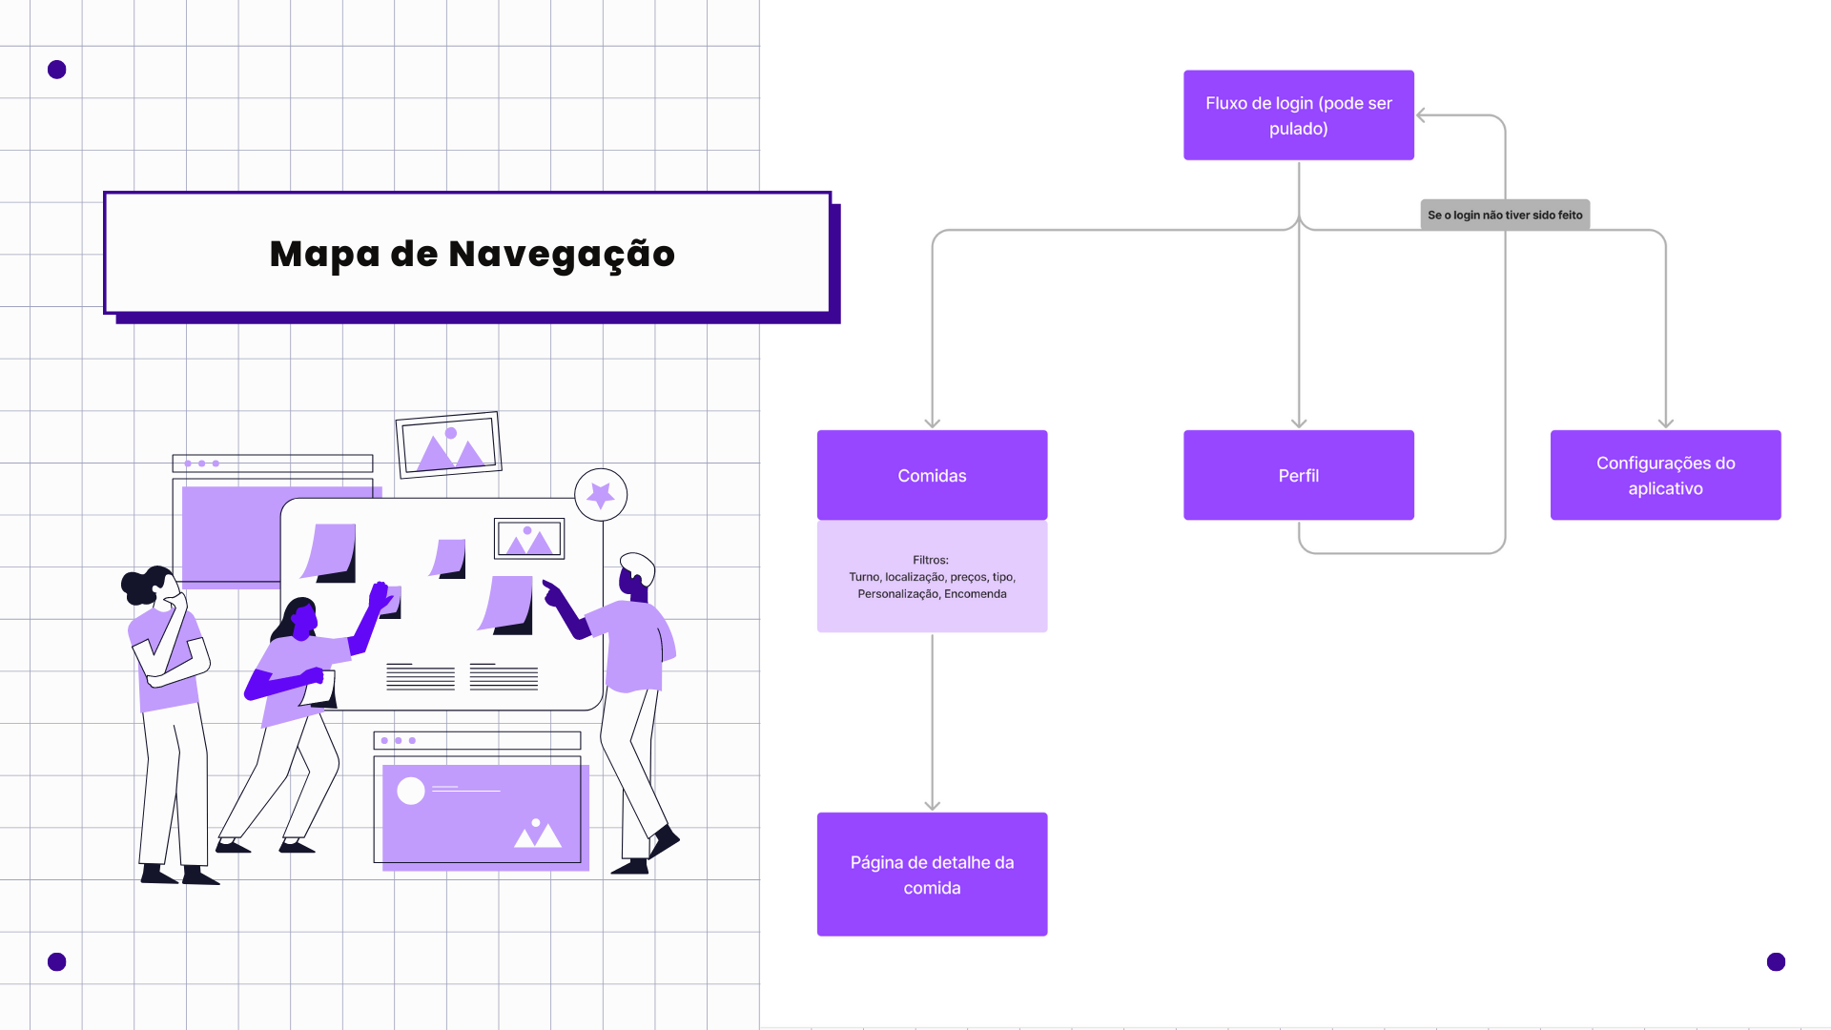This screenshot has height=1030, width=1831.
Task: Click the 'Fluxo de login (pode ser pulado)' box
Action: (1298, 115)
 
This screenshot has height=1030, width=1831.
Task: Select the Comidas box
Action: (932, 475)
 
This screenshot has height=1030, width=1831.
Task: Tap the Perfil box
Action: (1298, 475)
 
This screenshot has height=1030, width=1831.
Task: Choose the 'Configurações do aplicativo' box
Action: (1665, 475)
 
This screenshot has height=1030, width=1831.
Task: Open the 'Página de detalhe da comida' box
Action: (932, 874)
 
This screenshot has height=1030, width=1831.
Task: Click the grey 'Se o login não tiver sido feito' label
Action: (1505, 215)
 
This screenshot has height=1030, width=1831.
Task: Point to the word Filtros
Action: (930, 560)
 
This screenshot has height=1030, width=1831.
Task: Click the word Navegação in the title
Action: (562, 255)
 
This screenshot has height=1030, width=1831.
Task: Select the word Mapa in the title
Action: (324, 255)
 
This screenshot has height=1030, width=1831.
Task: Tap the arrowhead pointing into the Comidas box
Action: (932, 422)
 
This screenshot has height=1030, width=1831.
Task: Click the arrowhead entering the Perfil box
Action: (1298, 422)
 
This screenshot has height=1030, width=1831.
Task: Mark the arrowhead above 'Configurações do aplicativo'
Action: (1665, 422)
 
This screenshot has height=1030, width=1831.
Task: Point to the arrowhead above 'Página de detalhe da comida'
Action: (932, 805)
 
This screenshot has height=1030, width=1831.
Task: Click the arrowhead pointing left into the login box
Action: (1422, 115)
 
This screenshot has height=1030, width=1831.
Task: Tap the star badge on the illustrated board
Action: (601, 494)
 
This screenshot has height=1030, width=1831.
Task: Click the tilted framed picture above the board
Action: (448, 444)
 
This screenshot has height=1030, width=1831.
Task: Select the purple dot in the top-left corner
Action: (57, 70)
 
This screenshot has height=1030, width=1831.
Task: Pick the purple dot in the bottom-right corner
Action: (1776, 961)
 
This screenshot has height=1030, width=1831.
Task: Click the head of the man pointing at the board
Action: (636, 572)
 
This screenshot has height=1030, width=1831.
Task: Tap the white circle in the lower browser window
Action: (411, 791)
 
